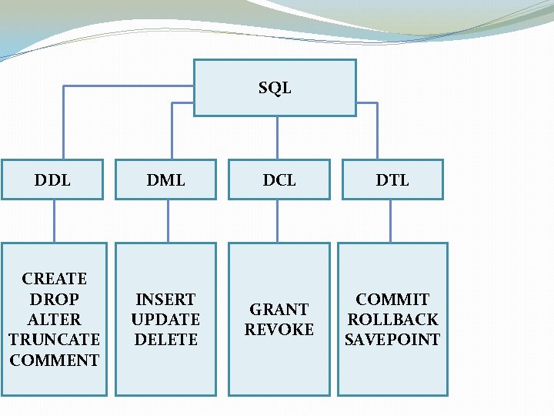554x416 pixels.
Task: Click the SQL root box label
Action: tap(275, 88)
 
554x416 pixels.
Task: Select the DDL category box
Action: tap(52, 180)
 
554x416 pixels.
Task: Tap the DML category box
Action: tap(166, 180)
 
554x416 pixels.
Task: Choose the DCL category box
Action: tap(279, 180)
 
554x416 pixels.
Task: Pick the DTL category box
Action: tap(392, 180)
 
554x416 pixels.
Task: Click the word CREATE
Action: tap(55, 278)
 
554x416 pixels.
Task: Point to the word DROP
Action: tap(54, 299)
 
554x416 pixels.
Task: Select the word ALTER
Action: tap(54, 319)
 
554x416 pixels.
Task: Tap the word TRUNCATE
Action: tap(54, 339)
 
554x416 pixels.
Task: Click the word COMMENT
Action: tap(55, 360)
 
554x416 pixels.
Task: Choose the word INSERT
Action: tap(165, 299)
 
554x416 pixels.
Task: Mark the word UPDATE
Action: tap(165, 319)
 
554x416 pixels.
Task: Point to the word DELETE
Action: tap(166, 339)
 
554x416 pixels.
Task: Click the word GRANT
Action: tap(279, 310)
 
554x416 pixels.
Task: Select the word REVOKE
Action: tap(279, 329)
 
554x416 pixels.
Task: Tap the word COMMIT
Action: tap(392, 299)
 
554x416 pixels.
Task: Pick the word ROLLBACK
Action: tap(392, 319)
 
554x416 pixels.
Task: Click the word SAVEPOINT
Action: tap(392, 339)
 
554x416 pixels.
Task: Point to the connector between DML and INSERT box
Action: tap(168, 222)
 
